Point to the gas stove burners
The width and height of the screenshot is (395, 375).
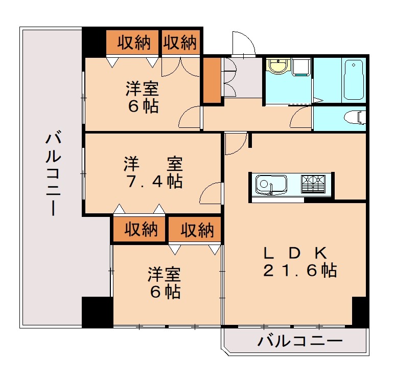point(313,183)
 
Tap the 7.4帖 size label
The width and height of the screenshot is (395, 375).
point(153,182)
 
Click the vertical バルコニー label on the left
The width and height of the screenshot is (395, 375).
point(51,174)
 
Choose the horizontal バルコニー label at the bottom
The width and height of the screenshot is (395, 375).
point(299,342)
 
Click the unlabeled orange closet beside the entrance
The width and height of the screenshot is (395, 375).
point(212,81)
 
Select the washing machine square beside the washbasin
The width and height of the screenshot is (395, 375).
point(301,67)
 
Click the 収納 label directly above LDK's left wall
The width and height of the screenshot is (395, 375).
point(197,230)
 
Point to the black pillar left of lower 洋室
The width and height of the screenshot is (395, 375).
point(97,312)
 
